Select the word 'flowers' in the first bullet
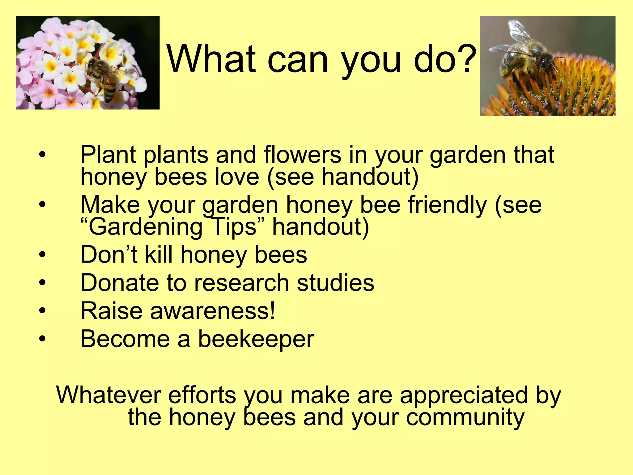pos(302,155)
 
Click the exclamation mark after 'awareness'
pos(272,311)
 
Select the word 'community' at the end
pos(465,417)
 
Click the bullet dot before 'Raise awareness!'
pos(42,311)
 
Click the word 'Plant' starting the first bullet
pos(108,155)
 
